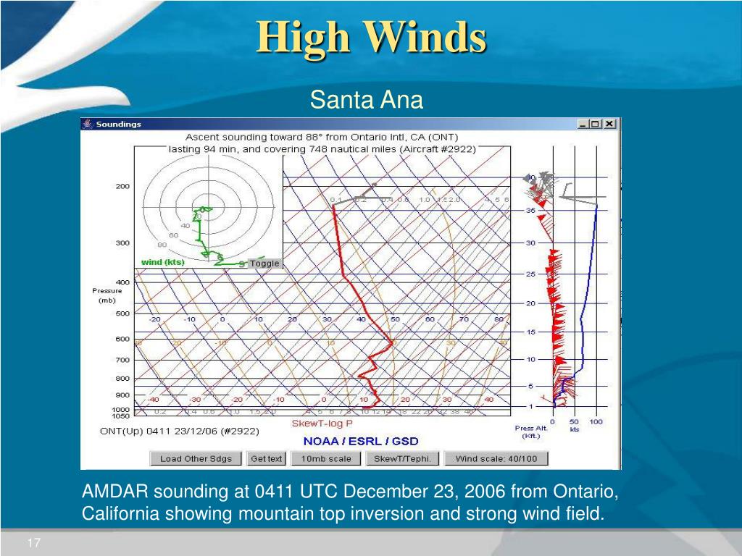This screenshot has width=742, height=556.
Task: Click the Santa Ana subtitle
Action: tap(366, 99)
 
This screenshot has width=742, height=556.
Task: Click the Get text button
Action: tap(266, 458)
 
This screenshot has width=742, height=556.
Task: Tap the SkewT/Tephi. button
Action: tap(402, 458)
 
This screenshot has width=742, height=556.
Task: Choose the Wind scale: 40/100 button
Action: tap(496, 458)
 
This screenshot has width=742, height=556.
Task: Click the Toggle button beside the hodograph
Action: tap(264, 264)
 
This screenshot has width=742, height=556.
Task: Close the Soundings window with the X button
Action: tap(610, 124)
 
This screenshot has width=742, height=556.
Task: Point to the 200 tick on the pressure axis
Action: tap(122, 186)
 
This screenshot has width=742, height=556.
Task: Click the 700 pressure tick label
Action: tap(122, 360)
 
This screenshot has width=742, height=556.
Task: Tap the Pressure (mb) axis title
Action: tap(107, 295)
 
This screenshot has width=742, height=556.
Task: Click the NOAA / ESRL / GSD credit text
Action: tap(360, 441)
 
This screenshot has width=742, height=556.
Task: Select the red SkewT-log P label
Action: tap(322, 424)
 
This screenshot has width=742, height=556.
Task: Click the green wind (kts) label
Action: tap(162, 262)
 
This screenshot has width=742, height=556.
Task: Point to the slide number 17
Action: tap(34, 544)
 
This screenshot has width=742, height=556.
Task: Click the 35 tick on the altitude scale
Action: tap(530, 210)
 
